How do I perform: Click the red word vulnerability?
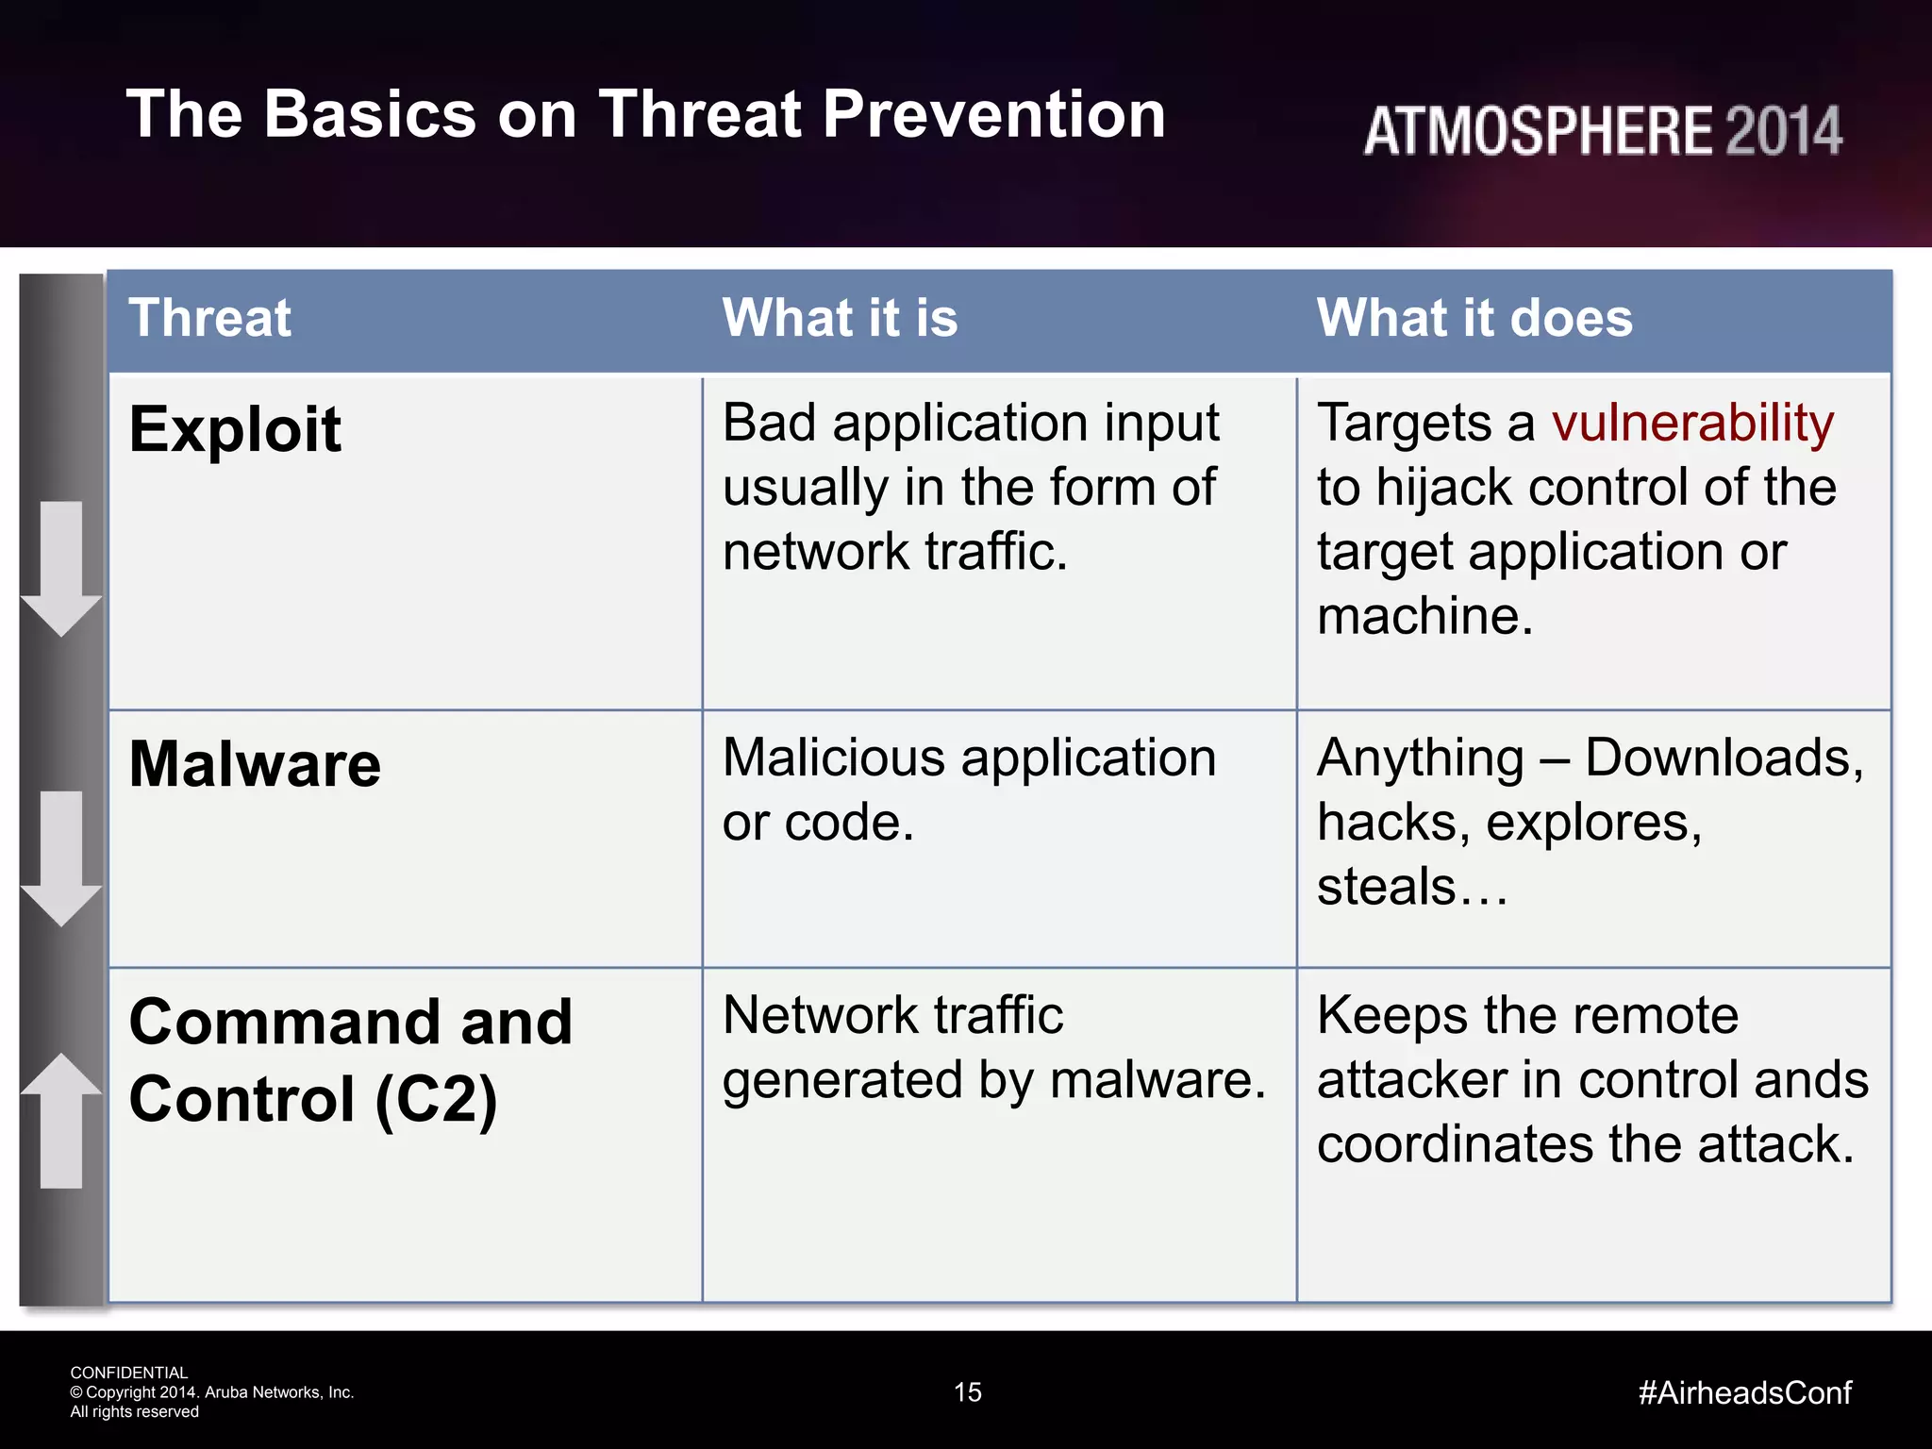pos(1693,424)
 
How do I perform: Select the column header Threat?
pos(209,318)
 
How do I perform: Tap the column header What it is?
pos(840,318)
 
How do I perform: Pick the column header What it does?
pos(1474,318)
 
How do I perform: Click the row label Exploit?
pos(235,429)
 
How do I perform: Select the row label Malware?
pos(255,763)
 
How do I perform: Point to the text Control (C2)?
pos(312,1100)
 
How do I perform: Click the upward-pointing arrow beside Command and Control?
pos(61,1120)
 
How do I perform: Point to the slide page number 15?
pos(967,1392)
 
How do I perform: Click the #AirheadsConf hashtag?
pos(1744,1392)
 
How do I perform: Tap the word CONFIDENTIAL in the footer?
pos(129,1373)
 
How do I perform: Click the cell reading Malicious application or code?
pos(969,790)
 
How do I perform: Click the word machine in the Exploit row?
pos(1423,616)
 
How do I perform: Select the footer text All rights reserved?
pos(135,1412)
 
